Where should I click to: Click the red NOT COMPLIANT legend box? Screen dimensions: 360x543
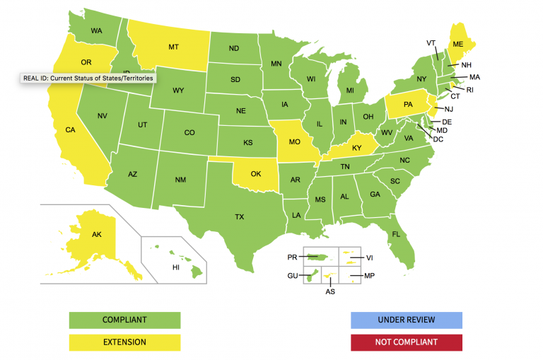click(x=406, y=342)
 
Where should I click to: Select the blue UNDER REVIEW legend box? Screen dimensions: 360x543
click(x=406, y=320)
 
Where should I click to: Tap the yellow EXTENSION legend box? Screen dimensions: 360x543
click(x=124, y=342)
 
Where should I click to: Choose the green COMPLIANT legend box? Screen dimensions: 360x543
click(x=124, y=320)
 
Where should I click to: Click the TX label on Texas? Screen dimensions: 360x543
click(x=240, y=217)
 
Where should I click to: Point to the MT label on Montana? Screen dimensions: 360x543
click(x=173, y=47)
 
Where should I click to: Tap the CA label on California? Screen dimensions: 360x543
click(x=70, y=130)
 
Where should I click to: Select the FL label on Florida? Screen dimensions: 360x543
click(x=396, y=234)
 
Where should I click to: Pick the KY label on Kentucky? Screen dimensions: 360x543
click(x=357, y=148)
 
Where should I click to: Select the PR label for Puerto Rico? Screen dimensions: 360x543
click(x=292, y=257)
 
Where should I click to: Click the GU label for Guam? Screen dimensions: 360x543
click(x=292, y=275)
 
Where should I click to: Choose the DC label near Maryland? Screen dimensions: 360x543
click(x=438, y=139)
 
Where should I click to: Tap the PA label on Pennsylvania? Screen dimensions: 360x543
click(x=408, y=105)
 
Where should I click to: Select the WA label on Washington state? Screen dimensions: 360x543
click(x=97, y=31)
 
